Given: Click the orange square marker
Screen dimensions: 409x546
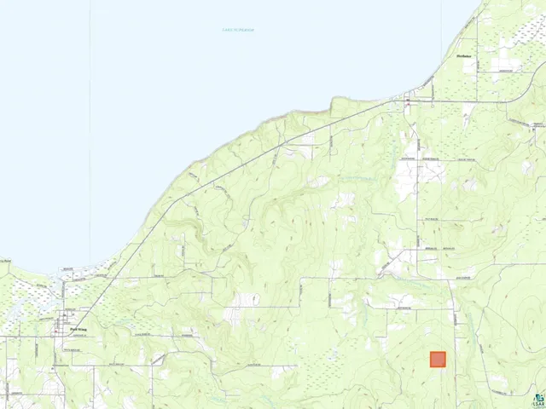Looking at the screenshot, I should pyautogui.click(x=438, y=360).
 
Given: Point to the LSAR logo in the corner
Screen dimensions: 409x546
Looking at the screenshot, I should pyautogui.click(x=537, y=400).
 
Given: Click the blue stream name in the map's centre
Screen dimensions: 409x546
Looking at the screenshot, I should pyautogui.click(x=358, y=178).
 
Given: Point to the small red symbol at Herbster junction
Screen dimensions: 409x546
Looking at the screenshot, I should pyautogui.click(x=407, y=101).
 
